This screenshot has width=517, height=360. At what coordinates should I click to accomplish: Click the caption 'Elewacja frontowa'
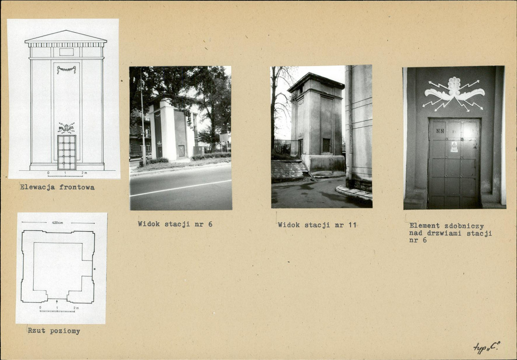coord(57,187)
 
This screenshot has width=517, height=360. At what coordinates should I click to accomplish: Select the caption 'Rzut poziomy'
coord(54,331)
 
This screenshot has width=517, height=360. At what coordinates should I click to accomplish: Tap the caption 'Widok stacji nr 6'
coord(175,224)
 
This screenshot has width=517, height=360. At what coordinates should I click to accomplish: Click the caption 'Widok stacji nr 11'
coord(317,225)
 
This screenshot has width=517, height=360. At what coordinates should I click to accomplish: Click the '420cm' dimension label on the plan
coord(57,223)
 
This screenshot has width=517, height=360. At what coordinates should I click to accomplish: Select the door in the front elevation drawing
coord(67,152)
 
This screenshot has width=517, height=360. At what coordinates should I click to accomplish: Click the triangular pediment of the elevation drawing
coord(66,36)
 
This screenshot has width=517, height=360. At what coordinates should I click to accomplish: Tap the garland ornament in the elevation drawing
coord(66,69)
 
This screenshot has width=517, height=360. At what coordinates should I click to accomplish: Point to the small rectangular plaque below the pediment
coord(66,52)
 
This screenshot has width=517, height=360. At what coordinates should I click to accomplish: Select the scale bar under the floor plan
coord(57,311)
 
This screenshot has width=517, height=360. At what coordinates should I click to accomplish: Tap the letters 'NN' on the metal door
coord(440,131)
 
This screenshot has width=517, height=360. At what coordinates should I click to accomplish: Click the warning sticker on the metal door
coord(454,147)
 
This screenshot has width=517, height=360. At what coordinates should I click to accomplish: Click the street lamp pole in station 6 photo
coord(142,119)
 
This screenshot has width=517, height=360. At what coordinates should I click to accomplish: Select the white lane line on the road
coord(181,188)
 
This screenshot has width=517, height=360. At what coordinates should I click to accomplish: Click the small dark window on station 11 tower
coord(326,145)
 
